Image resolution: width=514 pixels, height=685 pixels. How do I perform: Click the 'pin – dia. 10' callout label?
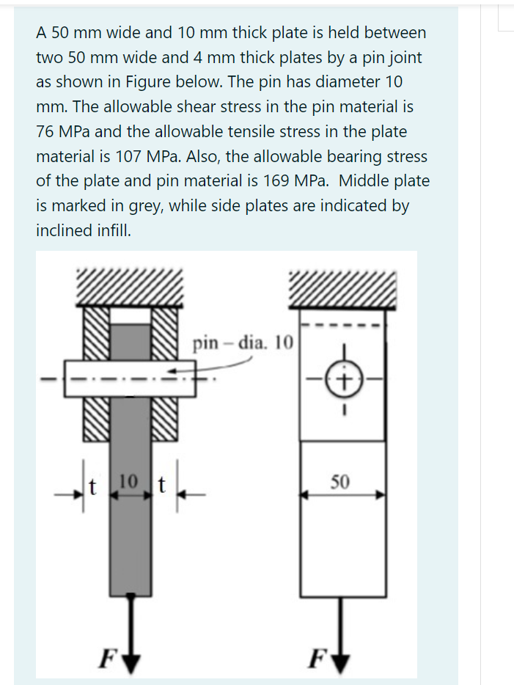tap(241, 342)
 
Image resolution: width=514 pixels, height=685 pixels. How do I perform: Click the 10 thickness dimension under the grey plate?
tap(128, 482)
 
